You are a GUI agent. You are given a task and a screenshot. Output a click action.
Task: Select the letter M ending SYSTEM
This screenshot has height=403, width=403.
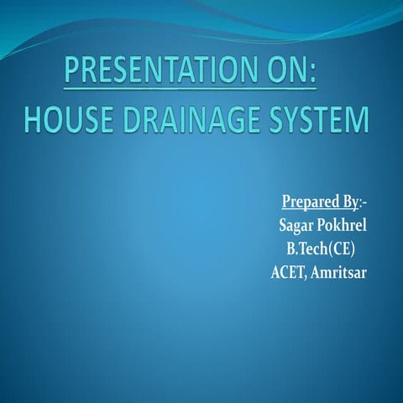[357, 119]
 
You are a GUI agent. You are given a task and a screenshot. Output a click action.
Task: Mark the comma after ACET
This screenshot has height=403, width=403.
[311, 277]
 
